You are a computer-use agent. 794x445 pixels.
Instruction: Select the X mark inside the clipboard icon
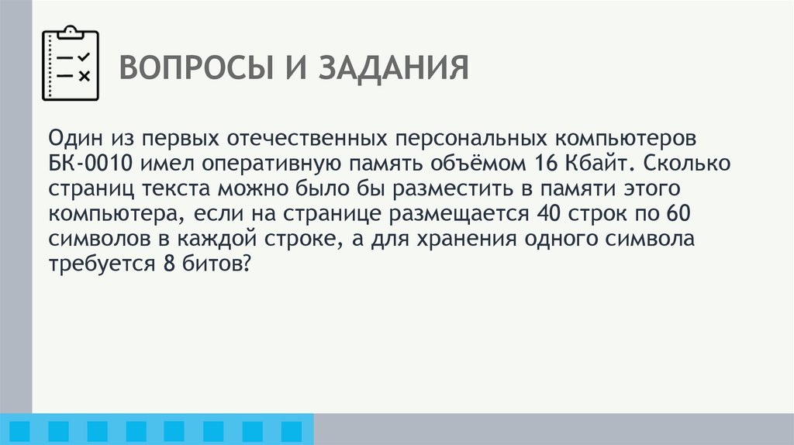(x=85, y=76)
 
